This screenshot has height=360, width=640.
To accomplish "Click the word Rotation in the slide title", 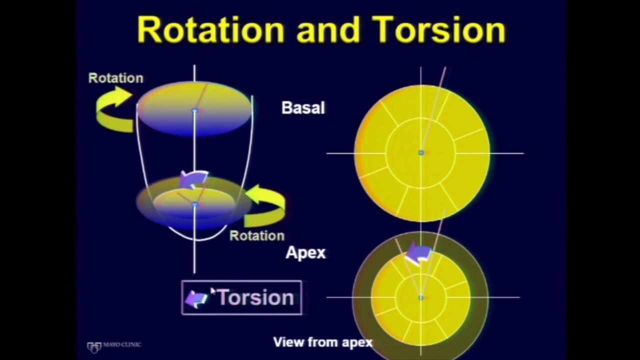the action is click(211, 29).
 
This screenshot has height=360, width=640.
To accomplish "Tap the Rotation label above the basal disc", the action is click(115, 78).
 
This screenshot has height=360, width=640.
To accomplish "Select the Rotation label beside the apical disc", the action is click(257, 235).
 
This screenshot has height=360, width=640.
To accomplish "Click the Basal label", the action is click(303, 108).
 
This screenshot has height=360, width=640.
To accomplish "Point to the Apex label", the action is click(305, 252).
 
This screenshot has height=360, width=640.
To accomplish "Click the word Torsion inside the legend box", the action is click(255, 297).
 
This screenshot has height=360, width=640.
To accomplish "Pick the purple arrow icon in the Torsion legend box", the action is click(196, 299).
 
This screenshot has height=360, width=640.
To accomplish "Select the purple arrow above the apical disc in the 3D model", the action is click(193, 179).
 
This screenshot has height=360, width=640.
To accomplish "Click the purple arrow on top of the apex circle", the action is click(418, 253).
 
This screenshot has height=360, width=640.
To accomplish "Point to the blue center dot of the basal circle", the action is click(421, 153).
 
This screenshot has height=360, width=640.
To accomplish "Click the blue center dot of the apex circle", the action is click(421, 297).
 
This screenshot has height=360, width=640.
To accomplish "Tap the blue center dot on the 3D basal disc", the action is click(195, 110).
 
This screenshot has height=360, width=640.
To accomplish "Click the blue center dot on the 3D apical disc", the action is click(195, 204).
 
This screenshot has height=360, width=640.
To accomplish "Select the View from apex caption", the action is click(323, 342).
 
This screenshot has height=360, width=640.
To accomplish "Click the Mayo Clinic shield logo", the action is click(94, 347).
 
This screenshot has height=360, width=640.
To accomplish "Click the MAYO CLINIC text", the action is click(122, 344).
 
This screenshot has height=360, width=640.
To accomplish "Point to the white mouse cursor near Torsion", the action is click(213, 291).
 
